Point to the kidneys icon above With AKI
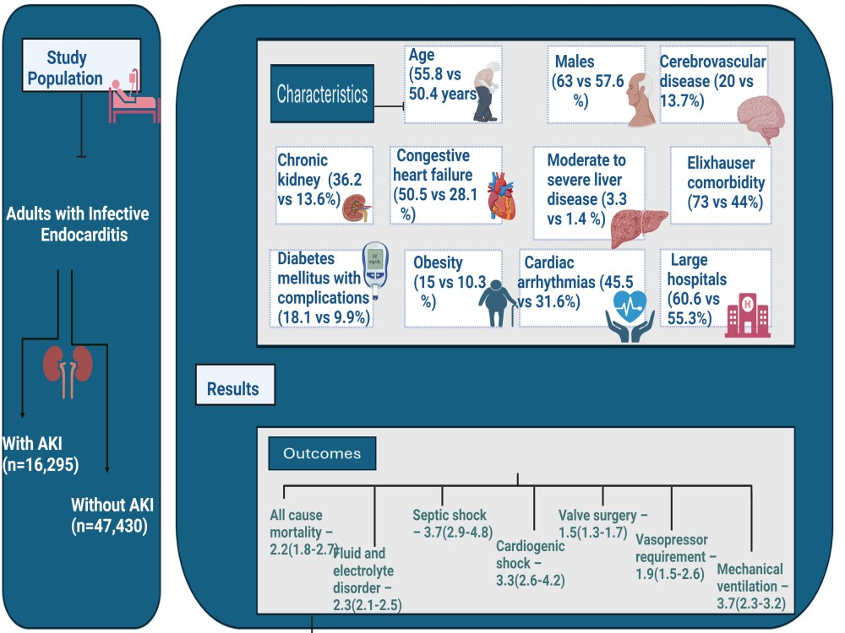(x=66, y=369)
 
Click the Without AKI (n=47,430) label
(x=112, y=516)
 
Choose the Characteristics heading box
(x=322, y=92)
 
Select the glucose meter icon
(x=374, y=270)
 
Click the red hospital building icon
(x=749, y=316)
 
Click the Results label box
(x=234, y=388)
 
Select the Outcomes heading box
(x=321, y=453)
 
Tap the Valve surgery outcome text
(x=602, y=523)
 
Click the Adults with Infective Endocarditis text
(x=77, y=224)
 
